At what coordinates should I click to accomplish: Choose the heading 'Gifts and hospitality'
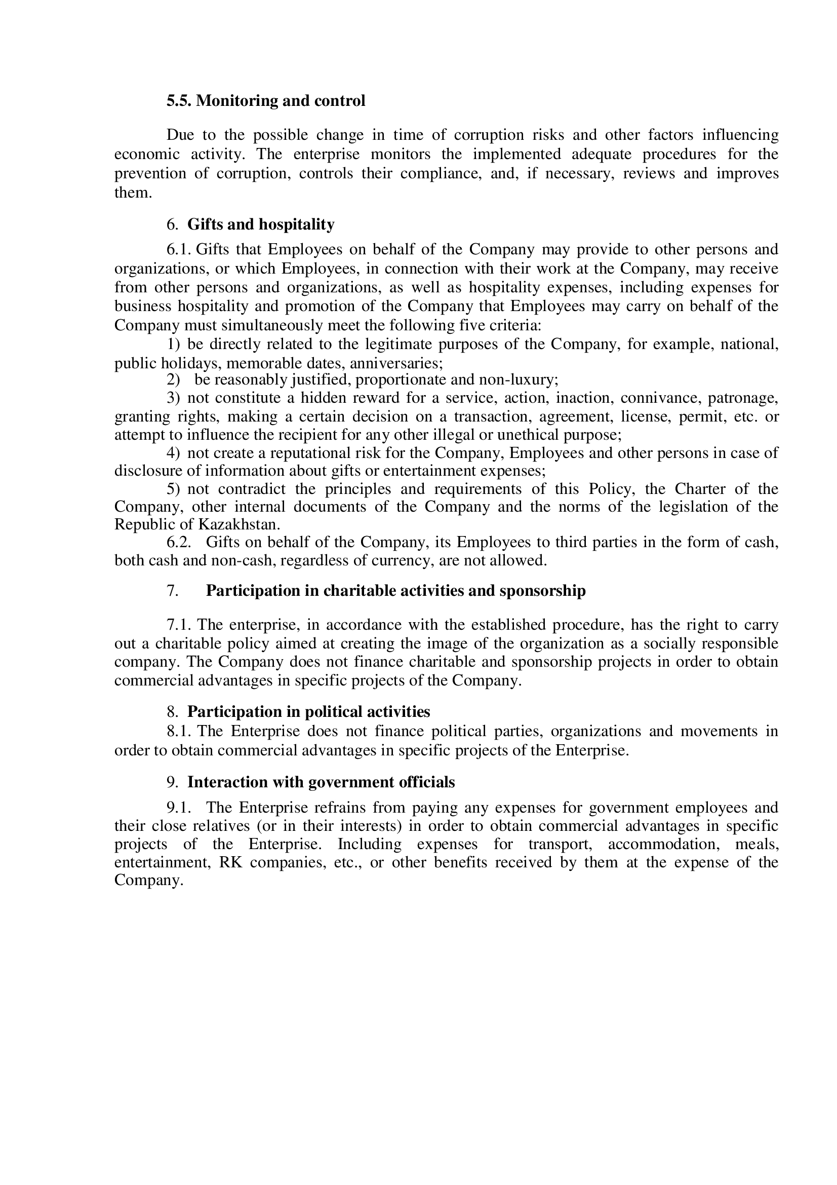coord(260,224)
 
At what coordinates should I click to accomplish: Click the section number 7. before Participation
coord(172,590)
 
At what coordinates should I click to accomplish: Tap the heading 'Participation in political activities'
coord(308,712)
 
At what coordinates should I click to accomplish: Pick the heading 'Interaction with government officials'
coord(321,782)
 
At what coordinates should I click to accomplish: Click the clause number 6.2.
coord(179,543)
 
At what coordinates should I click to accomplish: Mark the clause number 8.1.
coord(179,732)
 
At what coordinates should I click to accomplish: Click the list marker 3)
coord(173,398)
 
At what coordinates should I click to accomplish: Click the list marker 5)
coord(173,489)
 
